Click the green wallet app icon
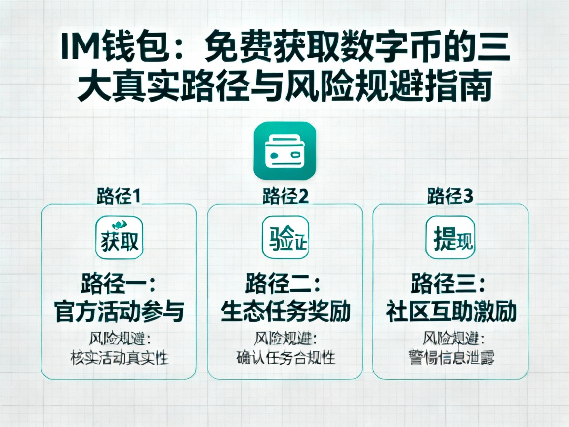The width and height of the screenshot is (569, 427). click(x=284, y=150)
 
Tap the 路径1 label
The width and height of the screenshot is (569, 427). click(x=119, y=196)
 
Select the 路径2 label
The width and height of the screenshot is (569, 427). click(x=285, y=196)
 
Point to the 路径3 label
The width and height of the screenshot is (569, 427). click(x=450, y=196)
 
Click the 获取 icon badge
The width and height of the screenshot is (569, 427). click(x=119, y=238)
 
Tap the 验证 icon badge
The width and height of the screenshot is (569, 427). click(x=285, y=238)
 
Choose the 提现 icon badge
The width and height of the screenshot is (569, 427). click(x=450, y=238)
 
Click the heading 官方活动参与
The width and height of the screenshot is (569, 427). click(x=119, y=312)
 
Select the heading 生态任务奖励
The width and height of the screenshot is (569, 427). click(x=285, y=312)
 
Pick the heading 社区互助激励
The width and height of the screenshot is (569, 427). click(x=450, y=312)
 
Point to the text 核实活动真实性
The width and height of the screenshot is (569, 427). click(x=119, y=357)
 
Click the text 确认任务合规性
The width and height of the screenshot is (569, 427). click(x=285, y=357)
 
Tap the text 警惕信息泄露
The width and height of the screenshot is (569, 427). click(x=450, y=357)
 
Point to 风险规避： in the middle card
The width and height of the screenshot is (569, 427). click(x=285, y=339)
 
